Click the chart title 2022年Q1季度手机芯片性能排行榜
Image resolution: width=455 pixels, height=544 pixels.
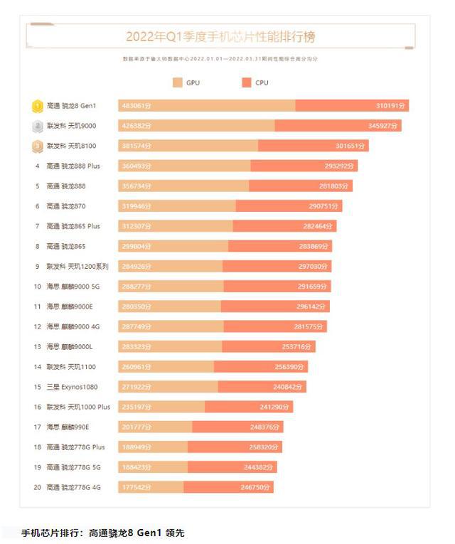[220, 36]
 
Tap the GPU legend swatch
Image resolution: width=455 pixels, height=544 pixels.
[178, 83]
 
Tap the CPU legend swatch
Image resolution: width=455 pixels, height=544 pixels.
[247, 83]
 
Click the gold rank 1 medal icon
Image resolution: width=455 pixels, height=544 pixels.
[37, 106]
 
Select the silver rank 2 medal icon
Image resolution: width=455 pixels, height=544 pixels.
[37, 126]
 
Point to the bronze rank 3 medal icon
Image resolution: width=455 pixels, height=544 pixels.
[37, 146]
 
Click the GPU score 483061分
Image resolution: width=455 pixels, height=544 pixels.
[135, 106]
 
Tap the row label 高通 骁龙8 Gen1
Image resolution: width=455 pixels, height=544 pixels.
[70, 106]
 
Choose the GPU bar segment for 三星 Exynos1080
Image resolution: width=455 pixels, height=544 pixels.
[168, 387]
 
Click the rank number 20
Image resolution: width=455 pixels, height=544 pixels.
[38, 487]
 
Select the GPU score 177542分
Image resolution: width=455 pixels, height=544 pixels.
[135, 487]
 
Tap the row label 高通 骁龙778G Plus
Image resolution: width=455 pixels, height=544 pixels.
[75, 447]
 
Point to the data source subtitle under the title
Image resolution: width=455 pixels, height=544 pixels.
[220, 59]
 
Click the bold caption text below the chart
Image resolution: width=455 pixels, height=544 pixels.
[103, 533]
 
